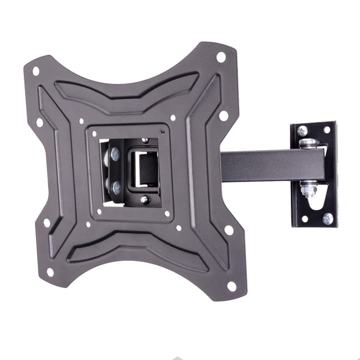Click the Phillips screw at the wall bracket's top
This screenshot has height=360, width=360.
point(302,131)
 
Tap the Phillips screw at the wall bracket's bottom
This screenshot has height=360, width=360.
point(327,218)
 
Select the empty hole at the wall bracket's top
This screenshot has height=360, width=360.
point(327,130)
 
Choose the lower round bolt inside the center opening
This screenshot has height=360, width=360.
point(116,187)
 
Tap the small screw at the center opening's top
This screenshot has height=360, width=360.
point(145,141)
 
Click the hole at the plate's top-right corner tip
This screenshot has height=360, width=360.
point(220,56)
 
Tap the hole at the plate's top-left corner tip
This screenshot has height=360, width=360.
point(36,71)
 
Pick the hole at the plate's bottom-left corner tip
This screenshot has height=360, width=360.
point(50,272)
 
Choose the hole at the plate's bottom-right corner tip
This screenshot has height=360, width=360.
point(232,286)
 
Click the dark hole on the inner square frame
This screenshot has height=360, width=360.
point(162,132)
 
